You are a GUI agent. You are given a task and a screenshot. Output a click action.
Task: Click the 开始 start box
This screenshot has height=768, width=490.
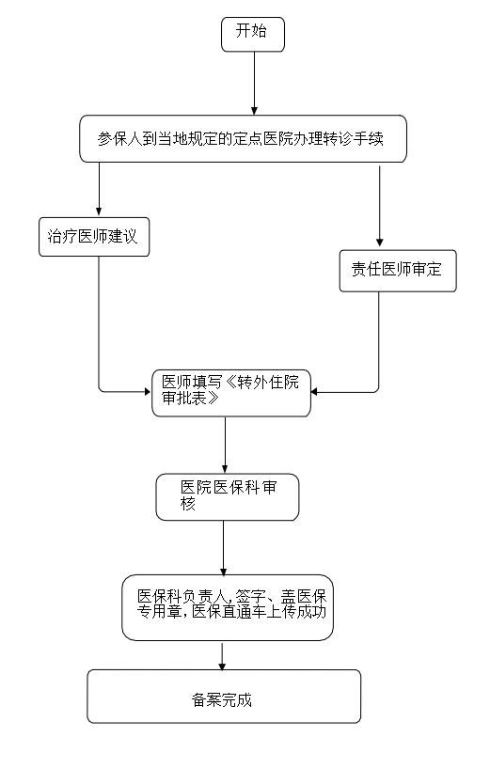[253, 34]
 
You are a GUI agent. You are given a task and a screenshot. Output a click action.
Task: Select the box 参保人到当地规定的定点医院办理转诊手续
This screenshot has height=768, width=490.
[243, 138]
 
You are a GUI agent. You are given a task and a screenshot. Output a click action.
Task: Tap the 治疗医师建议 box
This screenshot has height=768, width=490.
[94, 237]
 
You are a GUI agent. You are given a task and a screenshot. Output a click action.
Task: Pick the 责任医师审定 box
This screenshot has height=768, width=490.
[398, 271]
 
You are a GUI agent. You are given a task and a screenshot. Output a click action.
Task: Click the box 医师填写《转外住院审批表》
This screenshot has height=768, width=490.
[231, 393]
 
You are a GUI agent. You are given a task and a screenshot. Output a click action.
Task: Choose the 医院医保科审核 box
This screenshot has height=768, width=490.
[228, 496]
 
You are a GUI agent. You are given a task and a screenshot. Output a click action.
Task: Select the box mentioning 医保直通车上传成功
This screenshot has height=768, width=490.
[228, 607]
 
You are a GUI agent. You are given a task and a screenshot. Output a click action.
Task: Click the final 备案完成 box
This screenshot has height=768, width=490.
[224, 696]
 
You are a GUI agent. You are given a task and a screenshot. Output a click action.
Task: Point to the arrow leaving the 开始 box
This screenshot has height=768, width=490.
[254, 84]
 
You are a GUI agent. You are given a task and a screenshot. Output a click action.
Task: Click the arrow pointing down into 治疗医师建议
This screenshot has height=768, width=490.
[99, 189]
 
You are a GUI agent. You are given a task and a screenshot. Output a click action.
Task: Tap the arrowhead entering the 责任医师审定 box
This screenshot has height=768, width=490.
[379, 243]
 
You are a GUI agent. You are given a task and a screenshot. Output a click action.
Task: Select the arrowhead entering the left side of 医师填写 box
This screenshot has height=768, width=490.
[147, 391]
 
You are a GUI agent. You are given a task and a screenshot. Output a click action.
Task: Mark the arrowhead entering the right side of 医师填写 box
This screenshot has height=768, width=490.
[314, 391]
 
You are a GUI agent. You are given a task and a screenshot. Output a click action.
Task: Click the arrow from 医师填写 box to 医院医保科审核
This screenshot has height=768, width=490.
[225, 445]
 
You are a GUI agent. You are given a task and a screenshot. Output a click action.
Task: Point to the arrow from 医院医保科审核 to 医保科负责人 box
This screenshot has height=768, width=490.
[224, 548]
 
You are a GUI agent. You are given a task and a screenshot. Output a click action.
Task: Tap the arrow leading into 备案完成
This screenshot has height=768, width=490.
[222, 656]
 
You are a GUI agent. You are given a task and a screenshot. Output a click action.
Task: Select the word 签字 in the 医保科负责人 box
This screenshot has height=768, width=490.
[251, 596]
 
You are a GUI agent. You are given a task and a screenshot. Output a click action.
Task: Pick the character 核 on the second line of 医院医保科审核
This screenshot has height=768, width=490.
[188, 504]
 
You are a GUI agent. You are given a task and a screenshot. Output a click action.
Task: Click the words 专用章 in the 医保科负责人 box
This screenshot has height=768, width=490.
[159, 611]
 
